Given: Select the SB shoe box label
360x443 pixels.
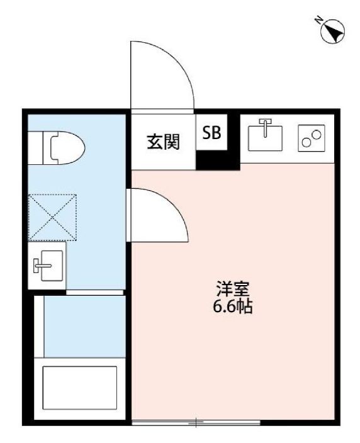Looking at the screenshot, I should click(211, 133).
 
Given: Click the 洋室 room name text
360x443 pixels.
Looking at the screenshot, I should click(233, 290).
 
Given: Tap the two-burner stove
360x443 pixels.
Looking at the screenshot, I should click(312, 137).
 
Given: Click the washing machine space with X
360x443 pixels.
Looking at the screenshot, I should click(53, 217).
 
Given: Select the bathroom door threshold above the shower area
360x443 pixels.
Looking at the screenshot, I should click(95, 293).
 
